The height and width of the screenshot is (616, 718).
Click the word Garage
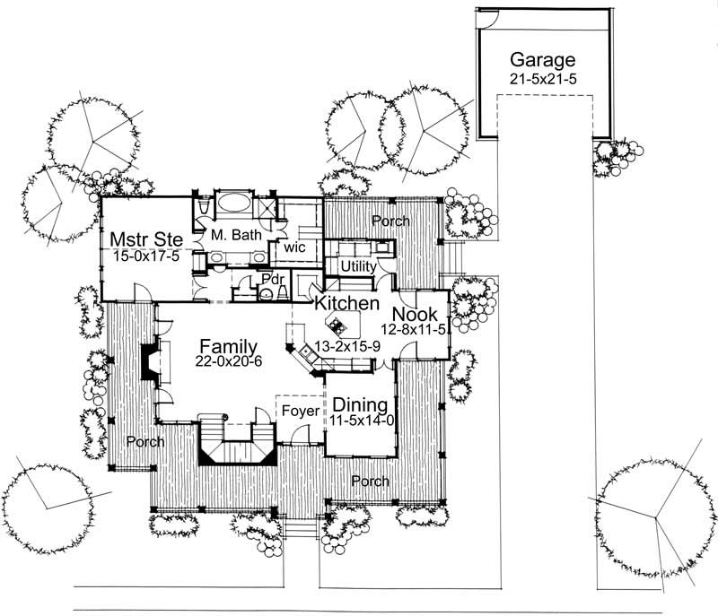541,60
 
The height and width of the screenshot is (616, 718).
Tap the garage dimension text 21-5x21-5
541,79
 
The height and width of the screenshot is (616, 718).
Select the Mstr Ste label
146,239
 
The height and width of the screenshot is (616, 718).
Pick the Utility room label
357,267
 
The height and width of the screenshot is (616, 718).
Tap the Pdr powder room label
273,278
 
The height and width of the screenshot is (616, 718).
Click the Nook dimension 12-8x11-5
415,330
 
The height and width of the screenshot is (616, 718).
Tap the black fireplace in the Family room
146,360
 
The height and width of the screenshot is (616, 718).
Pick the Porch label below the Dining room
370,482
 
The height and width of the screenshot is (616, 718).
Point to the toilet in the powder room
266,293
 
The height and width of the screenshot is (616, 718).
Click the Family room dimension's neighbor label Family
229,345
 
